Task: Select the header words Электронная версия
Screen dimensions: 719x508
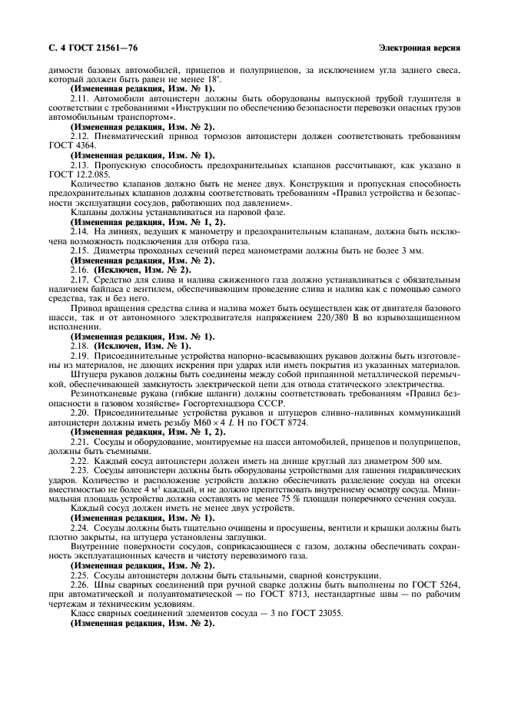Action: pos(420,48)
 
